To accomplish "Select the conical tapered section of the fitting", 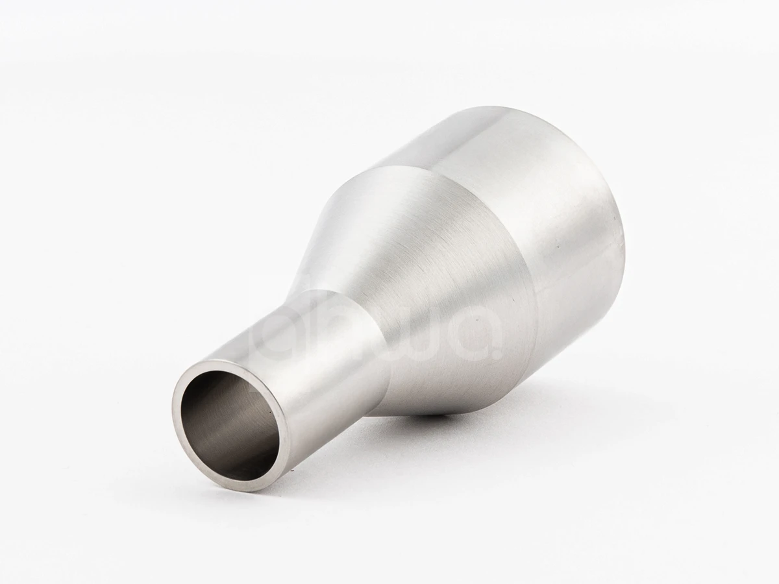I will [x=415, y=286].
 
